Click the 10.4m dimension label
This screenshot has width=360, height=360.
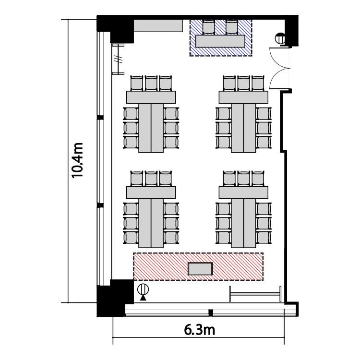tap(77, 160)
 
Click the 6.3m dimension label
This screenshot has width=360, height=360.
tap(200, 330)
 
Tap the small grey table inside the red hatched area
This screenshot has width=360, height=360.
tap(200, 269)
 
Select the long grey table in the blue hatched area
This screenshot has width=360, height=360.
tap(220, 41)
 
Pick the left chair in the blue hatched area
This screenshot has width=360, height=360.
tap(209, 27)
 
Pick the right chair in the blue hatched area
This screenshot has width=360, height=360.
tap(231, 27)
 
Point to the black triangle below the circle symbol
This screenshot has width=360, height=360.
tap(143, 298)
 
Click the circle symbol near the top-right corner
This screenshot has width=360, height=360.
tap(280, 38)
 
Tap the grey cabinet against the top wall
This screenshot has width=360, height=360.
tap(158, 26)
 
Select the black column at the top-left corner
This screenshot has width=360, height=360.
tap(115, 29)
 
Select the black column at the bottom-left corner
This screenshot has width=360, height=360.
tap(115, 298)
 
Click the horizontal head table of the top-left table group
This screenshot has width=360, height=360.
tap(151, 97)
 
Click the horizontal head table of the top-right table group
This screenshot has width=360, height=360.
tap(243, 97)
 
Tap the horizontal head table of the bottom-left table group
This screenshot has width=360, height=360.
tap(151, 192)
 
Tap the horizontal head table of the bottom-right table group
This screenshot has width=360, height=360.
tap(243, 192)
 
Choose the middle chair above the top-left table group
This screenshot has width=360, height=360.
tap(151, 84)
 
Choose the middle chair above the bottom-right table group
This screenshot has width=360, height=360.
tap(243, 179)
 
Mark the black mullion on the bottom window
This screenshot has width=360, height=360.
tap(211, 312)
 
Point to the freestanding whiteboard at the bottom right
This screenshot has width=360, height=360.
tap(255, 294)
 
